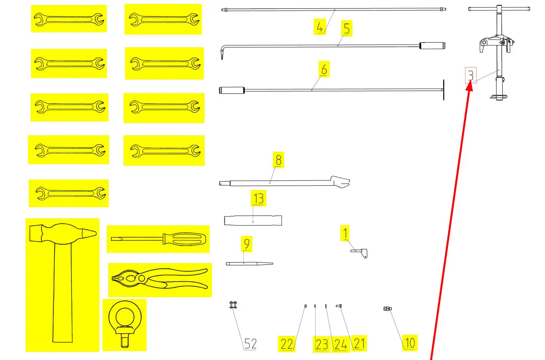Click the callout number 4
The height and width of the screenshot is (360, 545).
[x=320, y=27]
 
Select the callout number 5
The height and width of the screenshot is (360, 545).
[x=347, y=28]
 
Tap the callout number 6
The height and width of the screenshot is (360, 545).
[x=324, y=69]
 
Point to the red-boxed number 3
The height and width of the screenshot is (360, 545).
[x=471, y=75]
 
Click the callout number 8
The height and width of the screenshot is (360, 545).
[x=279, y=160]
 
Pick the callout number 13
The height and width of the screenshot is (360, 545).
[x=259, y=199]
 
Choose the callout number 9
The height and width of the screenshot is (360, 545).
[x=247, y=244]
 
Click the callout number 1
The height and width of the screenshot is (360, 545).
[x=345, y=233]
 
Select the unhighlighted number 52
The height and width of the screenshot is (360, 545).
[x=250, y=344]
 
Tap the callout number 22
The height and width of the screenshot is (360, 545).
[x=286, y=344]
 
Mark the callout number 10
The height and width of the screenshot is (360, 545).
[x=410, y=343]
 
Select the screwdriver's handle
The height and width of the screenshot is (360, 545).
[x=184, y=239]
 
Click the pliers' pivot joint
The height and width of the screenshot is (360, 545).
[x=142, y=278]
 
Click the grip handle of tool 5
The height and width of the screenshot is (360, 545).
[x=432, y=45]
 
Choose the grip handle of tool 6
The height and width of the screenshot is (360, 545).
[x=232, y=90]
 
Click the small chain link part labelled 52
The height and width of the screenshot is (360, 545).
[x=233, y=305]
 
